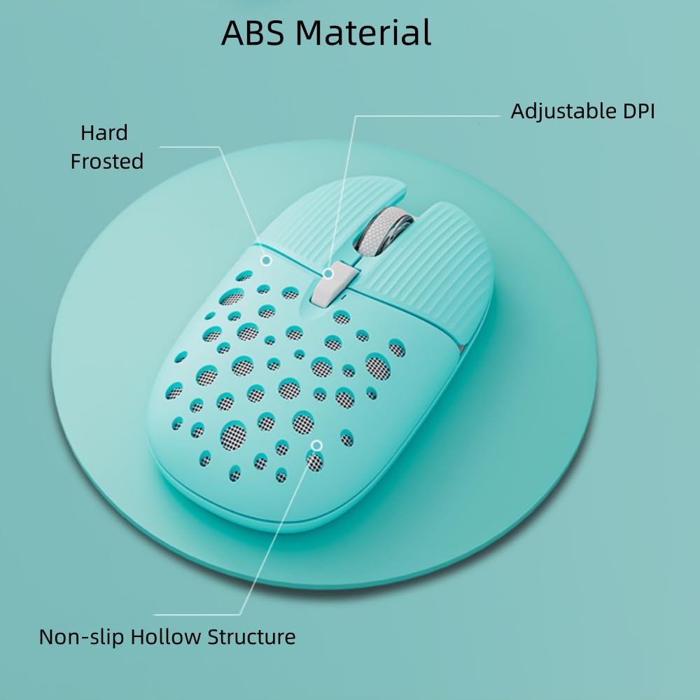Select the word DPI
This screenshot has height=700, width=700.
click(x=636, y=111)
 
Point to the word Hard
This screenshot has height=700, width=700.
click(x=104, y=133)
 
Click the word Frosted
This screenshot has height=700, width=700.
click(x=107, y=162)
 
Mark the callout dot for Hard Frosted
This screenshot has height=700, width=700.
click(x=266, y=260)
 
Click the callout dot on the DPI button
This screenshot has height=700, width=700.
click(x=328, y=273)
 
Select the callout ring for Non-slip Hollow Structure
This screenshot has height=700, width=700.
click(x=316, y=444)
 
